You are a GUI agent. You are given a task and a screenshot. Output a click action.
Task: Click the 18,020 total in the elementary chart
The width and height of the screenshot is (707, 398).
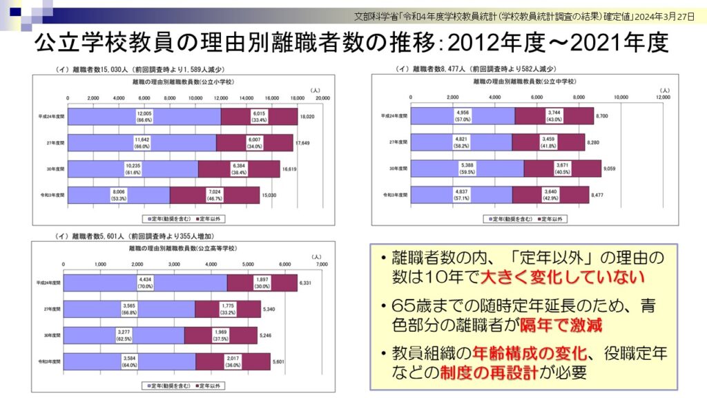tap(307, 117)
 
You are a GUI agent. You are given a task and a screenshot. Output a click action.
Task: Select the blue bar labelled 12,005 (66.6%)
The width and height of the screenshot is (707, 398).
tap(145, 117)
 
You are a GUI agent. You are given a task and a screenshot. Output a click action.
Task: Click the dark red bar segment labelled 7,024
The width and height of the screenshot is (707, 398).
tap(214, 196)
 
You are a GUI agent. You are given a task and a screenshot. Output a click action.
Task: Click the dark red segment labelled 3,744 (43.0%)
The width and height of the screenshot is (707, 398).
tap(554, 116)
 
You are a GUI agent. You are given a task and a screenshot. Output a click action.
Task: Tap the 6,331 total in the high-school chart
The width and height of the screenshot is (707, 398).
tap(307, 283)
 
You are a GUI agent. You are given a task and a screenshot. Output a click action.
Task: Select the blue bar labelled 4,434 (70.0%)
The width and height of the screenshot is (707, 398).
tap(145, 283)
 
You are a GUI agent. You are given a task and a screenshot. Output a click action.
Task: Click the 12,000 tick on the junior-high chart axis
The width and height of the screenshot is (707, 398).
tap(663, 97)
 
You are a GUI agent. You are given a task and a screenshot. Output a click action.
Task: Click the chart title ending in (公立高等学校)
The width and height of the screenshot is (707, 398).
tap(184, 247)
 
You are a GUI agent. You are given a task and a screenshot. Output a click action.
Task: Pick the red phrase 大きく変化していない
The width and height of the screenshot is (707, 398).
tap(562, 277)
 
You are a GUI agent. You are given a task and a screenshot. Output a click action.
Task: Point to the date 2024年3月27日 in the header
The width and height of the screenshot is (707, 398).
tap(669, 15)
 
